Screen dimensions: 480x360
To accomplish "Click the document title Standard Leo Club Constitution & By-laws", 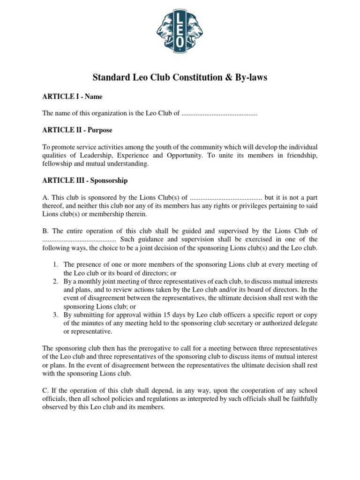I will click(180, 77).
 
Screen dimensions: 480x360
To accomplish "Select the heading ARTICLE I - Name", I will click(73, 97).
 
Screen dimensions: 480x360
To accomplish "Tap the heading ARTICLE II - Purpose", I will click(77, 130).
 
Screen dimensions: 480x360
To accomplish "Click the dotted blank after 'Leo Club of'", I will click(219, 113).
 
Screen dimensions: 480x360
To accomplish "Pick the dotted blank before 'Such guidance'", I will click(79, 239).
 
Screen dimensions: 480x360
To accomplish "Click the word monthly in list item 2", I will click(87, 281).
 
